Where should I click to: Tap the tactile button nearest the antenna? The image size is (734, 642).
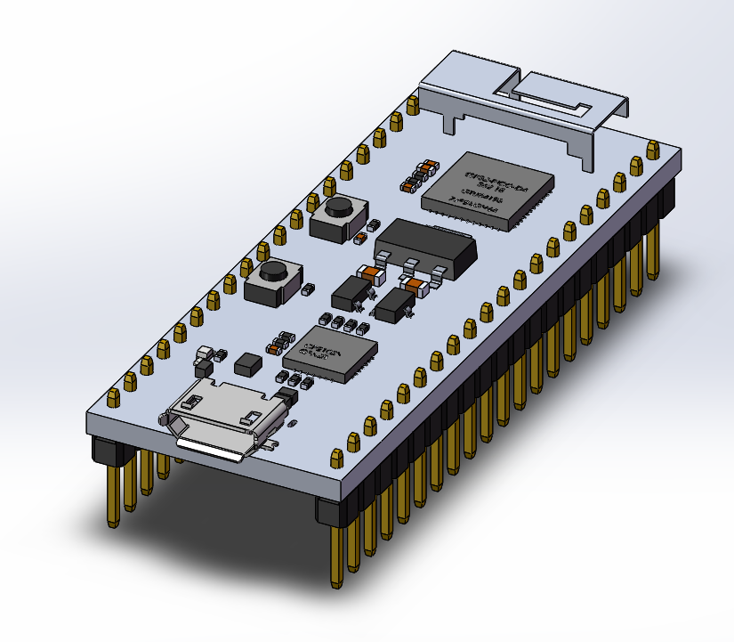click(x=337, y=217)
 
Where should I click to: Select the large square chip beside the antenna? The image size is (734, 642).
click(x=488, y=188)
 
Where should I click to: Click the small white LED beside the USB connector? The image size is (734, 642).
click(x=203, y=353)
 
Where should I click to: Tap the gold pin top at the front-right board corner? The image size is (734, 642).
click(x=337, y=458)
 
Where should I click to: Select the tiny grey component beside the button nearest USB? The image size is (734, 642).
click(x=309, y=288)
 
